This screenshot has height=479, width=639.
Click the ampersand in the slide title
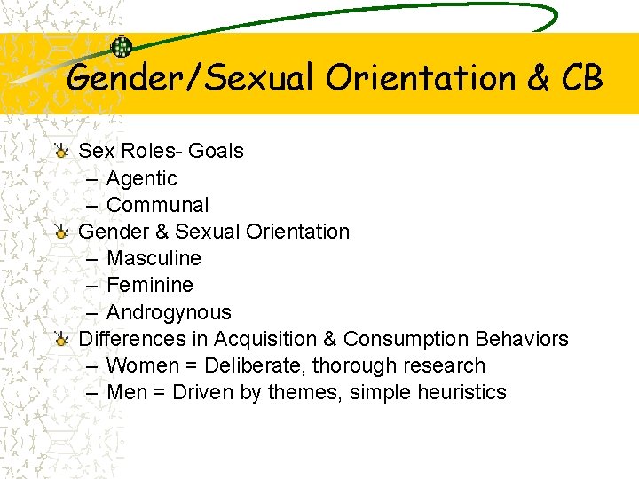(x=537, y=78)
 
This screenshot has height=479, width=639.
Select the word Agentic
(x=142, y=178)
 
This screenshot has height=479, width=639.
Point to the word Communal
(x=157, y=205)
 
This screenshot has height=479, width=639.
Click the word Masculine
(x=154, y=258)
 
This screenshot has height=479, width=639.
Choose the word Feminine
(x=149, y=285)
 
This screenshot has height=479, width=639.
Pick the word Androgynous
(x=169, y=312)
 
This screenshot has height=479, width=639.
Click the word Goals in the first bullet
(x=216, y=151)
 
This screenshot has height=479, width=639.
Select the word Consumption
(x=406, y=339)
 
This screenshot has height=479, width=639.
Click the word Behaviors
(x=522, y=339)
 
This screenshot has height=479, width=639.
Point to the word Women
(x=142, y=365)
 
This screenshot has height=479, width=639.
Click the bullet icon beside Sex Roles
(x=61, y=151)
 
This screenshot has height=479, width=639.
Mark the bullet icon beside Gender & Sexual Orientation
(x=61, y=232)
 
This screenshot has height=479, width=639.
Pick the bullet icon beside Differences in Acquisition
(x=61, y=339)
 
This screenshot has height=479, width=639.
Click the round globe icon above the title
(x=121, y=47)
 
